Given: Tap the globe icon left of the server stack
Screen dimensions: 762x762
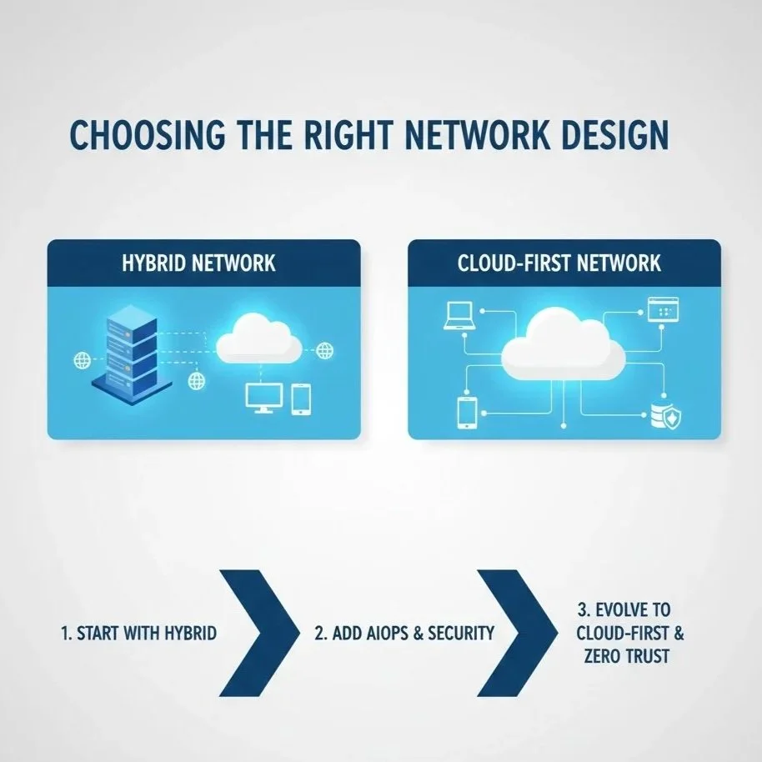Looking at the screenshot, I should (83, 360).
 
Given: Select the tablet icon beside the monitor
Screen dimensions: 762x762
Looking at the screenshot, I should (301, 399).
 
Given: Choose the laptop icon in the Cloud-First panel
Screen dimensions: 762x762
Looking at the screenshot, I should (459, 314).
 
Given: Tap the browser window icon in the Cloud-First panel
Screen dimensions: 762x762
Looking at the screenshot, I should (659, 311).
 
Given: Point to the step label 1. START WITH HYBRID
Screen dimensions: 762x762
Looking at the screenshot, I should (139, 634).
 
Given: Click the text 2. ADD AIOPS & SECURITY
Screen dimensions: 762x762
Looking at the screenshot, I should (404, 634).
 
